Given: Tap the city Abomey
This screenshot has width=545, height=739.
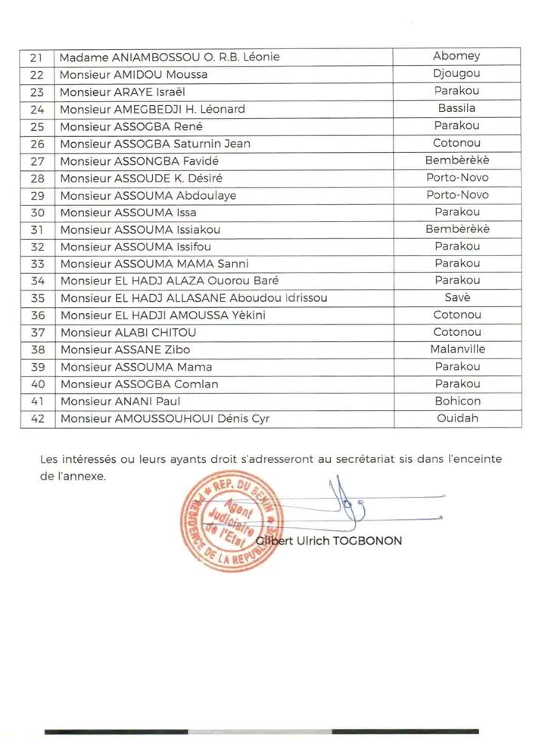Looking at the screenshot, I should pos(456,56).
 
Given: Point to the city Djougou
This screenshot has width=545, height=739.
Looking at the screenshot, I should pos(456,74).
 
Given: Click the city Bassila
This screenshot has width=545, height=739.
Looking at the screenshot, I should pos(456,109).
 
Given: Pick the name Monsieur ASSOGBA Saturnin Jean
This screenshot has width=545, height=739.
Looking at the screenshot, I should pos(155,144).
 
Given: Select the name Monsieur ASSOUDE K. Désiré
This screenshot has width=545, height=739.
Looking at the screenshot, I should pos(146,179).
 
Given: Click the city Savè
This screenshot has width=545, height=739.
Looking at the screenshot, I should pos(456,297).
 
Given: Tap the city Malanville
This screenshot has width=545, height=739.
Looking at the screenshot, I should pos(456,349).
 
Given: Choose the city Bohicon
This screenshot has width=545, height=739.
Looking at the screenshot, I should pos(456,401).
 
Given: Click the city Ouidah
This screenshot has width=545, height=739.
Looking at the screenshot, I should pos(456,418).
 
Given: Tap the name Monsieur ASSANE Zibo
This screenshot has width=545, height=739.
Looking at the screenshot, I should pos(125,349).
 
